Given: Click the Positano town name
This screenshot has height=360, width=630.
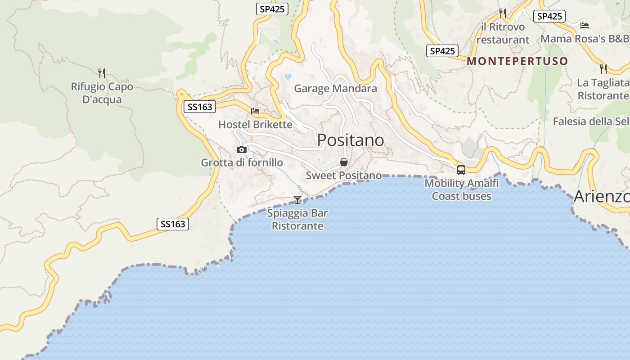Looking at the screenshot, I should (x=351, y=140).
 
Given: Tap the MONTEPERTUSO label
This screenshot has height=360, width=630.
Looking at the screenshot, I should (x=517, y=61).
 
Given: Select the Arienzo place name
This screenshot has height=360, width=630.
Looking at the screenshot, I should (x=602, y=197).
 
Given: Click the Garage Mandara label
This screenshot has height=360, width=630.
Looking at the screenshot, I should (x=335, y=88).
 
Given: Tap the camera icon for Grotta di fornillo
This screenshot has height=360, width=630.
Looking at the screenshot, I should (x=242, y=150).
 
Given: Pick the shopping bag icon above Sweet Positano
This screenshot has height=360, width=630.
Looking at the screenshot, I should (x=344, y=162).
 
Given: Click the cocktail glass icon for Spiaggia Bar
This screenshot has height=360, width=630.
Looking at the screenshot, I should (x=297, y=199).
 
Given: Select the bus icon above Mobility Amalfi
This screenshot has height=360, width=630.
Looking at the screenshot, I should (x=461, y=170).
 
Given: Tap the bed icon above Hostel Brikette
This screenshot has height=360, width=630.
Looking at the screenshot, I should (x=255, y=111).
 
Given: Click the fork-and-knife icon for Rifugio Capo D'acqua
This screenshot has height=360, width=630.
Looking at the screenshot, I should (x=102, y=73).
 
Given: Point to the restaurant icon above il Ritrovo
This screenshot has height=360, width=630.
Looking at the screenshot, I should (x=503, y=13).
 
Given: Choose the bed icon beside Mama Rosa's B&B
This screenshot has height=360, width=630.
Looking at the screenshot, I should (x=585, y=25).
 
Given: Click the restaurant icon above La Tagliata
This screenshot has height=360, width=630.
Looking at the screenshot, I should (x=603, y=69).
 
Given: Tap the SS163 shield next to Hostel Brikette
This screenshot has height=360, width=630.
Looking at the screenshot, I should (x=200, y=107).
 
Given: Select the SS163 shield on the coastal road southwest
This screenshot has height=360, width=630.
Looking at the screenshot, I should (x=173, y=224).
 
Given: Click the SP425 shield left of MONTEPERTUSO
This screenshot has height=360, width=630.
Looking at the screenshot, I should (x=442, y=51).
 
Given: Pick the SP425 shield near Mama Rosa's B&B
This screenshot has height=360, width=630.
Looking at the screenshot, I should (x=549, y=16).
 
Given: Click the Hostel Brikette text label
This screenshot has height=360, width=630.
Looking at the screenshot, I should (x=255, y=124).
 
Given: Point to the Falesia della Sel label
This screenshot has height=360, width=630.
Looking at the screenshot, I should (x=591, y=121).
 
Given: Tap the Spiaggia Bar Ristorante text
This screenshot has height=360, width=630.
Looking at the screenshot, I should (x=297, y=219).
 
